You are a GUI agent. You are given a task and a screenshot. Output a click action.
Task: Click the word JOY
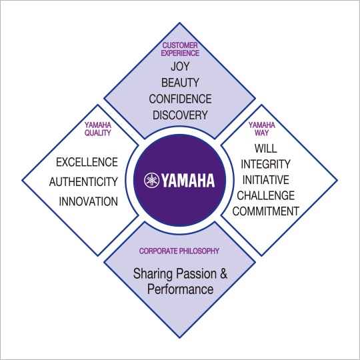[x=180, y=67]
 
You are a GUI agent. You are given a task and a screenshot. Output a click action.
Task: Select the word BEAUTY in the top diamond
[x=180, y=83]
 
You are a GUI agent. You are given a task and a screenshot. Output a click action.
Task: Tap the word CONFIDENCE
[x=180, y=99]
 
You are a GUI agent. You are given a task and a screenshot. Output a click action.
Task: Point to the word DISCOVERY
[x=180, y=115]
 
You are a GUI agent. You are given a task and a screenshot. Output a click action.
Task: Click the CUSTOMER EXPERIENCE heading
[x=180, y=49]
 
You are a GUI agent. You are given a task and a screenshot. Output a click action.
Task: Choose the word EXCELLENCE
[x=87, y=162]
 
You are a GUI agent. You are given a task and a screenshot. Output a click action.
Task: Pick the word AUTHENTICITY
[x=83, y=182]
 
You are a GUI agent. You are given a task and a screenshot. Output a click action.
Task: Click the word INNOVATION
[x=89, y=201]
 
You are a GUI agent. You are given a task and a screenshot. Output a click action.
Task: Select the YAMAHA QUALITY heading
[x=98, y=129]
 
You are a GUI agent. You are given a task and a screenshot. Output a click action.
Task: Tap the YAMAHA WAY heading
[x=262, y=129]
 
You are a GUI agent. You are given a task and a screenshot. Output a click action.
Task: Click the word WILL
[x=265, y=148]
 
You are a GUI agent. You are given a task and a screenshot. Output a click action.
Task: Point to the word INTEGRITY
[x=265, y=164]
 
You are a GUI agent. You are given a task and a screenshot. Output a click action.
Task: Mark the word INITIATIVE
[x=265, y=180]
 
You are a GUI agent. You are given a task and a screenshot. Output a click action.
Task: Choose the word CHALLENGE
[x=265, y=195]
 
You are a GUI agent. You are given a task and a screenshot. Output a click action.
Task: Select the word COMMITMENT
[x=265, y=211]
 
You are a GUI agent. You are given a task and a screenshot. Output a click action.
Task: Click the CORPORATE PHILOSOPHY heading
[x=179, y=251]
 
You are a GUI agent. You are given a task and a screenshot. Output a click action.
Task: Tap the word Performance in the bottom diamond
[x=180, y=289]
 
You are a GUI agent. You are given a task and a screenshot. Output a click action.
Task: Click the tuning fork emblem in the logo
[x=151, y=180]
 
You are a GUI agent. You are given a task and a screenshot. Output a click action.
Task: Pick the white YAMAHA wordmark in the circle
[x=188, y=180]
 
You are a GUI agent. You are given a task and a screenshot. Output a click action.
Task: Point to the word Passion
[x=197, y=275]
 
